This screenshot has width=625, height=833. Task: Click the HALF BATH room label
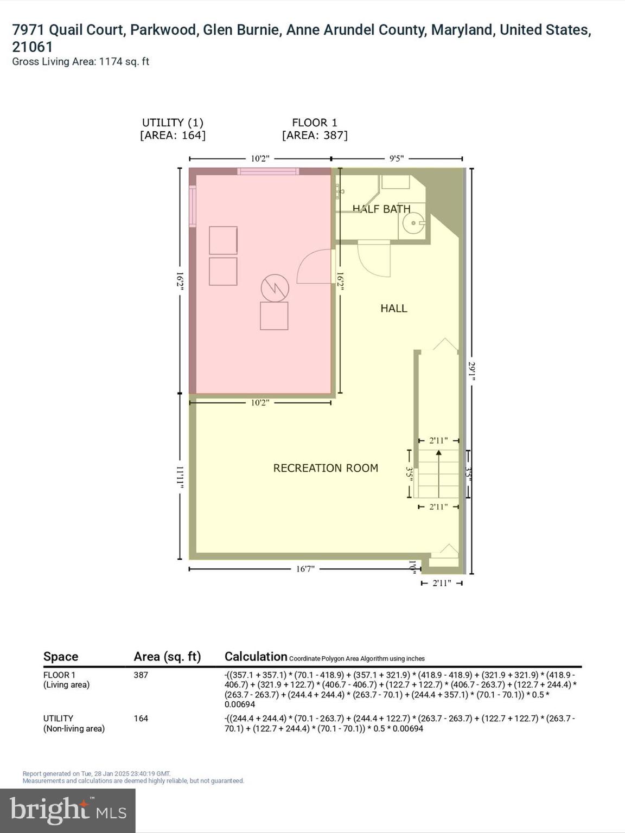381,209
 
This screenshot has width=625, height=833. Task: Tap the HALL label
393,309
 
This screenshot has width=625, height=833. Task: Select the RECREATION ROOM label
326,468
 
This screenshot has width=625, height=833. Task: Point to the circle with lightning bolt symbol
275,288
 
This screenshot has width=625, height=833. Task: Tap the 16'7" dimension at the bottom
305,569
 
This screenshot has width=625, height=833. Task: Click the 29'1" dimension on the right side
471,371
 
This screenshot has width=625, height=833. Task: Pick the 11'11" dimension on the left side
180,477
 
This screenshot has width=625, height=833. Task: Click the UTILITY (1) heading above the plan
173,123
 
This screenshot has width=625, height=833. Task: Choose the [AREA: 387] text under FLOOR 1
315,136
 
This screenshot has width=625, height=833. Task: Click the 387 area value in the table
141,675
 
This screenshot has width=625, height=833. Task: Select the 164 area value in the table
141,719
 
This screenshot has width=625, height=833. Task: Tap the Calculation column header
256,657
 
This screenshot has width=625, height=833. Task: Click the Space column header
61,657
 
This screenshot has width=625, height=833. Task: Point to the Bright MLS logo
68,810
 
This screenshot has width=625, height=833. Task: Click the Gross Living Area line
80,62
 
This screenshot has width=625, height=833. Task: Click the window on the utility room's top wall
268,171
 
